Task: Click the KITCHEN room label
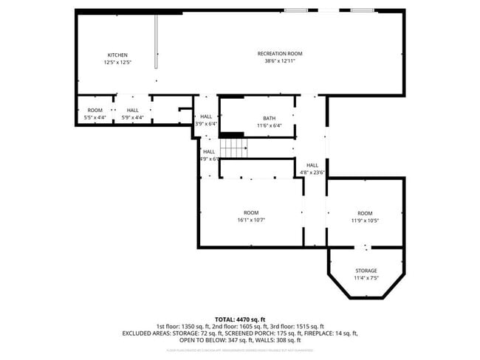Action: pos(117,55)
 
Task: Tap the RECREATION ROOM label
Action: pos(279,53)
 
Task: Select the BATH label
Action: pos(270,118)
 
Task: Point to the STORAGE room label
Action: pos(366,271)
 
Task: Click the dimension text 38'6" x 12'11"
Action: pos(279,61)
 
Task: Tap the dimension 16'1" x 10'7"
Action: pos(251,220)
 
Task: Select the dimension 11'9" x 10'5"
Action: pos(365,220)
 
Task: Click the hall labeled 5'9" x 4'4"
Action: pos(132,114)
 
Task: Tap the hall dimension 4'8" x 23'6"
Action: pos(312,173)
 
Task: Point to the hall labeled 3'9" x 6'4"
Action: pos(206,120)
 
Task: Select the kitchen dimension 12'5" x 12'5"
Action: pos(117,63)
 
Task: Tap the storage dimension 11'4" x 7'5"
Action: pos(366,278)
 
